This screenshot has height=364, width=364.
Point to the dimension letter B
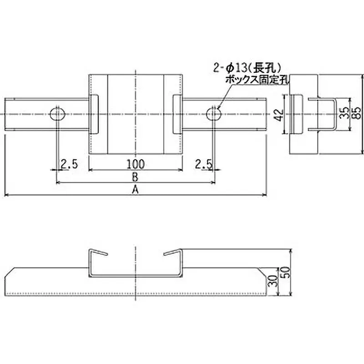coord(135,177)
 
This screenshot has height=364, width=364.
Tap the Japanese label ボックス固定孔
coord(258,80)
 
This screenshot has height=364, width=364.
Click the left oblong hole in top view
coord(57,113)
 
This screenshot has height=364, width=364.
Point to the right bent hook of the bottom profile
coord(173,253)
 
